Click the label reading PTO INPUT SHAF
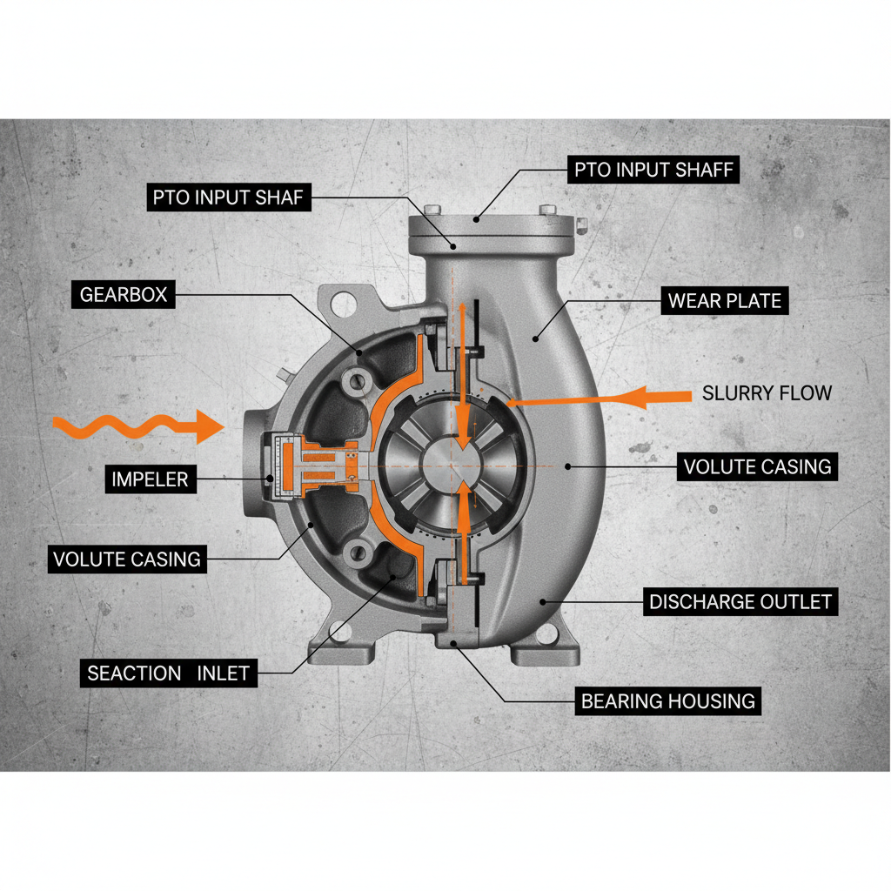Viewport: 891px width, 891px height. [228, 198]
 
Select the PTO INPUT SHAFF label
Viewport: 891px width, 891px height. [653, 169]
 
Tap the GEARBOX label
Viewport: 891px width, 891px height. [123, 295]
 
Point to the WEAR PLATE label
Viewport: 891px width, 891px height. [724, 302]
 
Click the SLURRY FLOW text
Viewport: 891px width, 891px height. [767, 393]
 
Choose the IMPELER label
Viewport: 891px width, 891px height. [150, 479]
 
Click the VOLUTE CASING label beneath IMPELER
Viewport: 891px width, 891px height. [127, 559]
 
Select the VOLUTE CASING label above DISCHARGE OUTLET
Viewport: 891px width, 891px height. [757, 466]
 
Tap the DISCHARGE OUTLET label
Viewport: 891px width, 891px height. [740, 602]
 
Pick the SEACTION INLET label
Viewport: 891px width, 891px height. [168, 673]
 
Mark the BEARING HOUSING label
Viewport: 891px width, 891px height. [667, 700]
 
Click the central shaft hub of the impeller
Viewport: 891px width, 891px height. [452, 466]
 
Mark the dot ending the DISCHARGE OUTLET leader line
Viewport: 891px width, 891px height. [543, 600]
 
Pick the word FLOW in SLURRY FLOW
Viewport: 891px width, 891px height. [804, 393]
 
